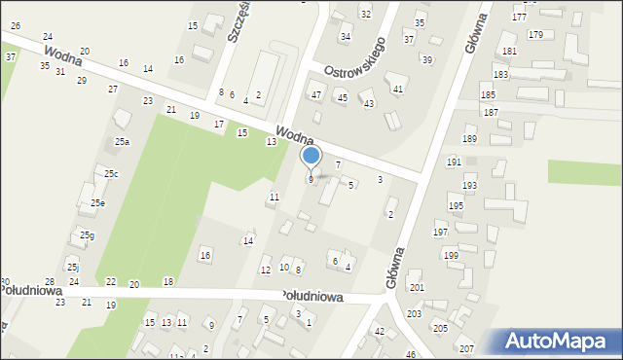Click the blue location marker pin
(311, 156)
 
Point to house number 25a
(122, 142)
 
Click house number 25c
(112, 174)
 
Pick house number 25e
(97, 203)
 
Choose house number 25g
(87, 235)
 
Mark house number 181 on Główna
(509, 51)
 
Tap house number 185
(488, 94)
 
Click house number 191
(454, 162)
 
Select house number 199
(451, 255)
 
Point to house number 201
(417, 288)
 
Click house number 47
(316, 94)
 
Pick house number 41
(398, 89)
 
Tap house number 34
(345, 37)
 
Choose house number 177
(519, 18)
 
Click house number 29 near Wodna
(82, 80)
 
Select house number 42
(380, 332)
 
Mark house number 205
(440, 329)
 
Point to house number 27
(113, 90)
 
